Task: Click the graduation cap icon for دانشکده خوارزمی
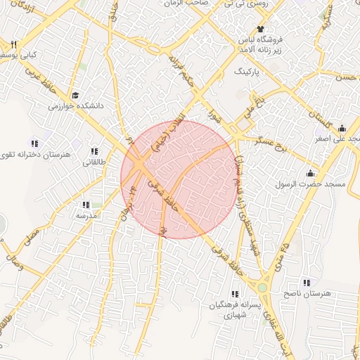pos(75,96)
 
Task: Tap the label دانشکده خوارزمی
pos(75,106)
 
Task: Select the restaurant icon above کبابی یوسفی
pos(13,44)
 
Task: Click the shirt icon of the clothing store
pos(260,30)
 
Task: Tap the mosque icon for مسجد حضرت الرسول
pos(311,174)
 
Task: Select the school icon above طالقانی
pos(94,152)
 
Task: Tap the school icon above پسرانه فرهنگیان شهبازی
pos(233,294)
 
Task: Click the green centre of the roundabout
pos(262,288)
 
